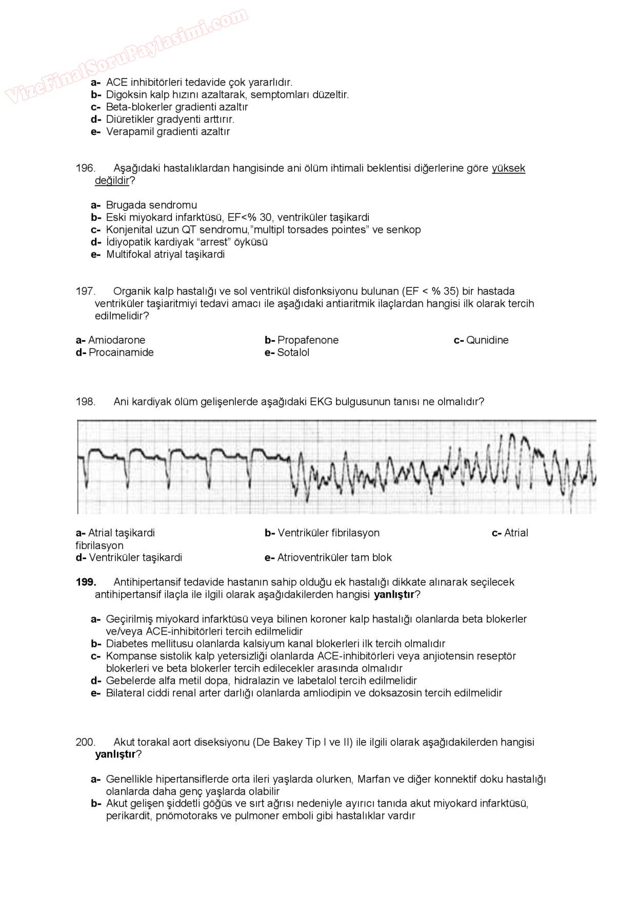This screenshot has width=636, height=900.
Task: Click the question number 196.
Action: tap(86, 168)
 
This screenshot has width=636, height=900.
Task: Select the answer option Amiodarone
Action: tap(116, 340)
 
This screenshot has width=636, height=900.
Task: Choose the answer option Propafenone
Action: tap(308, 340)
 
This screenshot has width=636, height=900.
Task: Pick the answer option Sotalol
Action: tap(293, 353)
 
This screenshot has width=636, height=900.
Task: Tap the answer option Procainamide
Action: tap(121, 353)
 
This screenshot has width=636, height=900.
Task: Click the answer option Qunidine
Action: tap(487, 340)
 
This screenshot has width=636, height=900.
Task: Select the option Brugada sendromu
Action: tap(151, 205)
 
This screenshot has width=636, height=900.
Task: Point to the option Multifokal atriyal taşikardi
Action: tap(165, 255)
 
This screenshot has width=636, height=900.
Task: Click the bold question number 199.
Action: tap(86, 582)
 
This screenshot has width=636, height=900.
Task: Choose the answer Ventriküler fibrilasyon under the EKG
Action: tap(328, 533)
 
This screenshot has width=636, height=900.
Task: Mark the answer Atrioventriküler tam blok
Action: tap(334, 558)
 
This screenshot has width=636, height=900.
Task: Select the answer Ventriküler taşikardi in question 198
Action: tap(135, 558)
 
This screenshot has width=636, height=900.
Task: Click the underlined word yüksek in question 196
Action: tap(508, 168)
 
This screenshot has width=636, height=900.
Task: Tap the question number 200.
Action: tap(86, 742)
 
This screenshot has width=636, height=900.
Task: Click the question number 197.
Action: tap(86, 291)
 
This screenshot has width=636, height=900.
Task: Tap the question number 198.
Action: tap(86, 402)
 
